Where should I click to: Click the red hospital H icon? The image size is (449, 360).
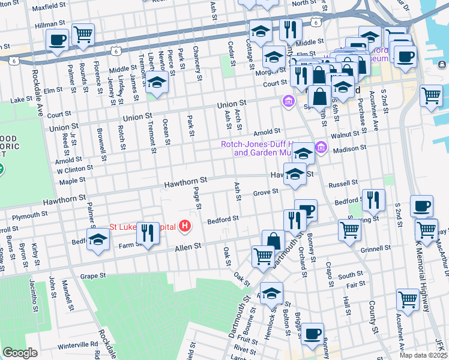(185, 226)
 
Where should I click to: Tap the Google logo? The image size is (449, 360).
(20, 352)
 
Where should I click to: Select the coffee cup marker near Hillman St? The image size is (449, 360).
(58, 40)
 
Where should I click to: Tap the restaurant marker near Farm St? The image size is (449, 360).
(147, 233)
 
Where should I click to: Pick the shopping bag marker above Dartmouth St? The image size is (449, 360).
(274, 240)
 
